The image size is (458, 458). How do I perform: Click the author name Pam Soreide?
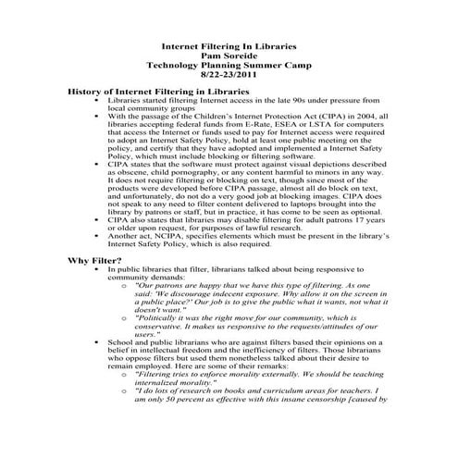click(229, 55)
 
